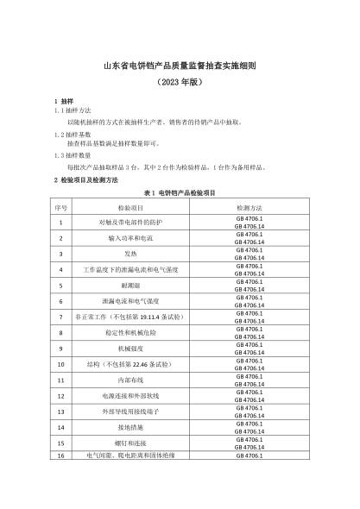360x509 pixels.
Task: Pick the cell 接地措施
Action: tap(130, 427)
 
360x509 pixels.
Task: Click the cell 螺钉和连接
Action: tap(130, 443)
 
